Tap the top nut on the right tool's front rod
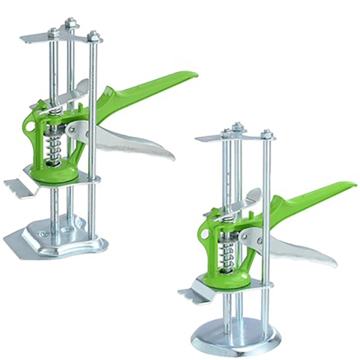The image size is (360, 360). click(266, 134)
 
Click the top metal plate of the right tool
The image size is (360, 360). click(209, 138)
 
